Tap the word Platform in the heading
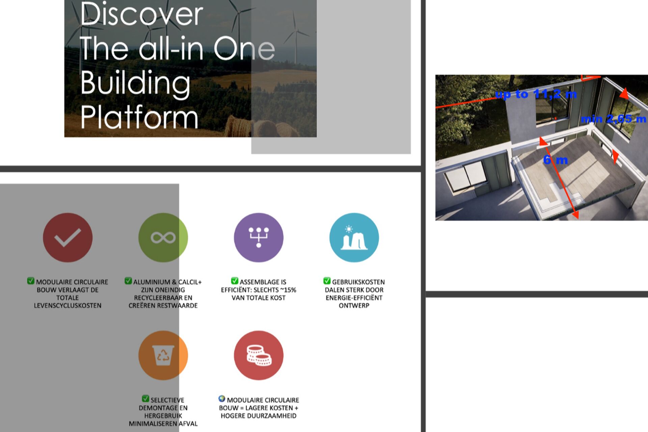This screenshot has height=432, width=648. coord(139,117)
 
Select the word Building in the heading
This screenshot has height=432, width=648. coord(135,83)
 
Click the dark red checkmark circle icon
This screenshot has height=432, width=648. coord(67,238)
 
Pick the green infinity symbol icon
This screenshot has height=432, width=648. coord(163,238)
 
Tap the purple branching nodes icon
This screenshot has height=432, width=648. coord(259,238)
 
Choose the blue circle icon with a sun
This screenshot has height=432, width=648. coord(354,238)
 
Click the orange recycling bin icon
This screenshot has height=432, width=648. coord(163,355)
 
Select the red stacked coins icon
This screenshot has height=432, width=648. coord(259,355)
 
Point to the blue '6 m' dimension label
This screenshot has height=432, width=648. coord(556,160)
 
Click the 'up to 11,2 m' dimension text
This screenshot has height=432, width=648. coord(536,94)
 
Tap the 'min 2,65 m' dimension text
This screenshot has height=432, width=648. coord(614,119)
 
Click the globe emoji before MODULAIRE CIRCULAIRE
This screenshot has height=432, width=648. coord(222,399)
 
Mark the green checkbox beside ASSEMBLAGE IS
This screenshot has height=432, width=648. coord(235,281)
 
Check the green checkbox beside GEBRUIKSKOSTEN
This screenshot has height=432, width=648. coord(327,281)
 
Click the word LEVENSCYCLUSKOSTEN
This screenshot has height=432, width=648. coord(67,306)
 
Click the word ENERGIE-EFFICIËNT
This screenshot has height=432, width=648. coord(354,298)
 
